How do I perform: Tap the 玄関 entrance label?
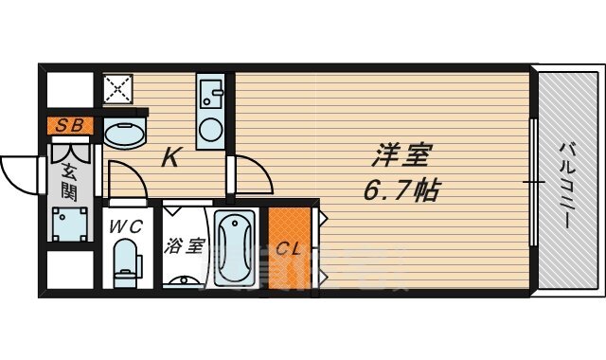pyautogui.click(x=69, y=179)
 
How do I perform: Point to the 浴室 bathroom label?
pyautogui.click(x=184, y=246)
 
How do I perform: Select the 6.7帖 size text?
pyautogui.click(x=400, y=191)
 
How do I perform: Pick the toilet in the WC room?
pyautogui.click(x=124, y=265)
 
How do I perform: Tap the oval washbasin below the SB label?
pyautogui.click(x=125, y=134)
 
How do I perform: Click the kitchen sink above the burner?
pyautogui.click(x=210, y=94)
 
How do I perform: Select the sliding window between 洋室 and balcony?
pyautogui.click(x=534, y=180)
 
